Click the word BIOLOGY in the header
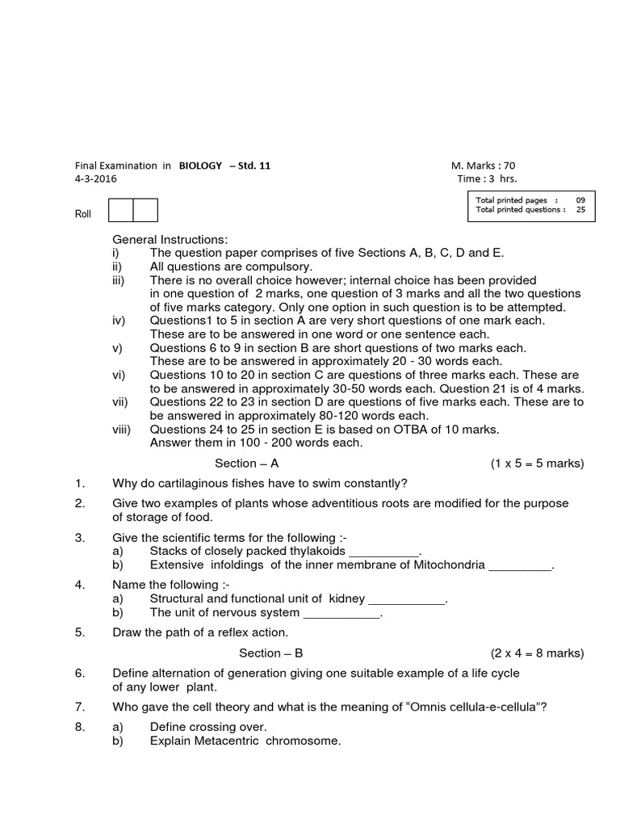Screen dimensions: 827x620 click(x=200, y=166)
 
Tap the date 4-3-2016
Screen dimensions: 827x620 click(x=95, y=178)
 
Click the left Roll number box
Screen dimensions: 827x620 click(x=121, y=210)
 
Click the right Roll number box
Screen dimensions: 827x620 click(x=145, y=210)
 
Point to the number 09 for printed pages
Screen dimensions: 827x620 click(x=580, y=199)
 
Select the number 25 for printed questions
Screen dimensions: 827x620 click(x=580, y=209)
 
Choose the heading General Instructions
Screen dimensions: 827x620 click(x=170, y=240)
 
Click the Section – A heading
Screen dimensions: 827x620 click(x=246, y=464)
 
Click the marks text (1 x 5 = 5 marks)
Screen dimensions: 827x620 click(x=537, y=464)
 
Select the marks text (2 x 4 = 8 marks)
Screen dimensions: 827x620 click(x=537, y=653)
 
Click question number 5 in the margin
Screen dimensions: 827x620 click(x=80, y=632)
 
